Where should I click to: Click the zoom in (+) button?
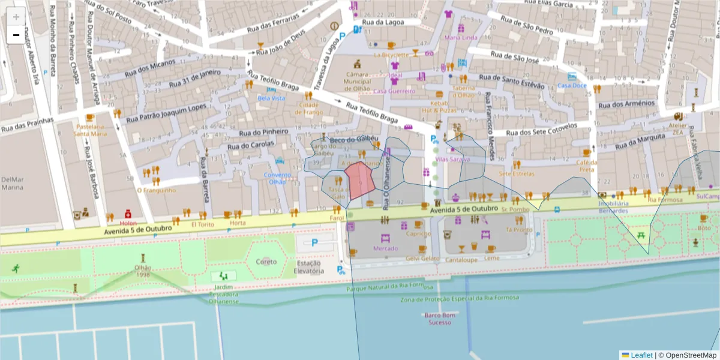[16, 17]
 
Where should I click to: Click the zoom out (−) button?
[16, 35]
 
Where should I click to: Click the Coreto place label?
[266, 262]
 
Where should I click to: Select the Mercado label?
[385, 248]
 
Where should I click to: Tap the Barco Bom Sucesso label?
[440, 319]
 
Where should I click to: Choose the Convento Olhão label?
[277, 178]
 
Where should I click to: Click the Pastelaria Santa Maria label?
[90, 130]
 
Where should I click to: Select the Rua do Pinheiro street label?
[264, 131]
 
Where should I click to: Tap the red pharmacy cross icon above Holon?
[128, 214]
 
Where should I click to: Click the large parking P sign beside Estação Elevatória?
[315, 243]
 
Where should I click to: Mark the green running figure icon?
[14, 269]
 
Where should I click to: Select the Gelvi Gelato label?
[422, 258]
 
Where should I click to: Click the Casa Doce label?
[572, 85]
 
